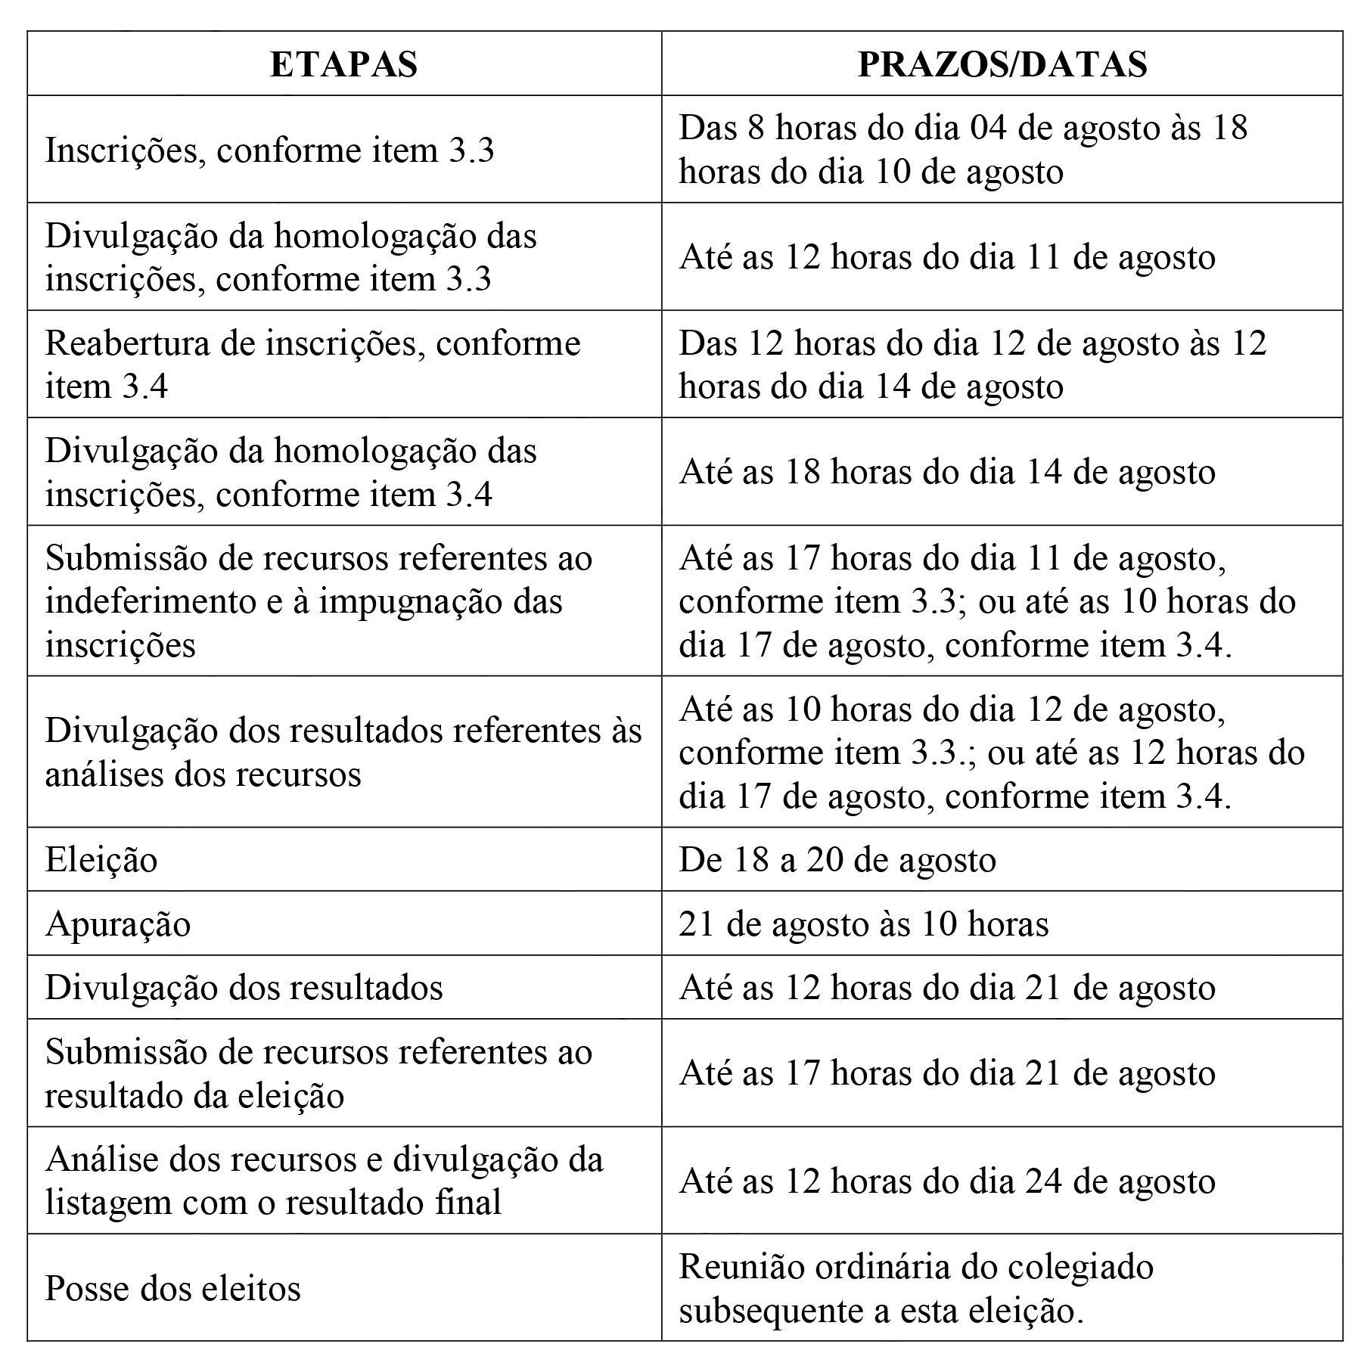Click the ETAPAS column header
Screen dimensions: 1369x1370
pyautogui.click(x=343, y=64)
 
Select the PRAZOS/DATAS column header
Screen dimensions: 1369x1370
pyautogui.click(x=1002, y=64)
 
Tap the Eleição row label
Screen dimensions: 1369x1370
pyautogui.click(x=101, y=860)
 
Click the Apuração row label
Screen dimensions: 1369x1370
pyautogui.click(x=118, y=924)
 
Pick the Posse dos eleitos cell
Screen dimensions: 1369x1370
pyautogui.click(x=172, y=1288)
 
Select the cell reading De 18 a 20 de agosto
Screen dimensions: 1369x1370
pyautogui.click(x=837, y=860)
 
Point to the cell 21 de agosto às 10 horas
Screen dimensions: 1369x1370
pyautogui.click(x=863, y=924)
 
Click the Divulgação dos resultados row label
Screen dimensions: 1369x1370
pyautogui.click(x=244, y=988)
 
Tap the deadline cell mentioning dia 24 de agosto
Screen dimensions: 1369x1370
pyautogui.click(x=947, y=1181)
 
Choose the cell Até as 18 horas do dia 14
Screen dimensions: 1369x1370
pyautogui.click(x=947, y=472)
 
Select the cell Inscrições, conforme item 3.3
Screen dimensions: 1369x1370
pyautogui.click(x=269, y=150)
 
